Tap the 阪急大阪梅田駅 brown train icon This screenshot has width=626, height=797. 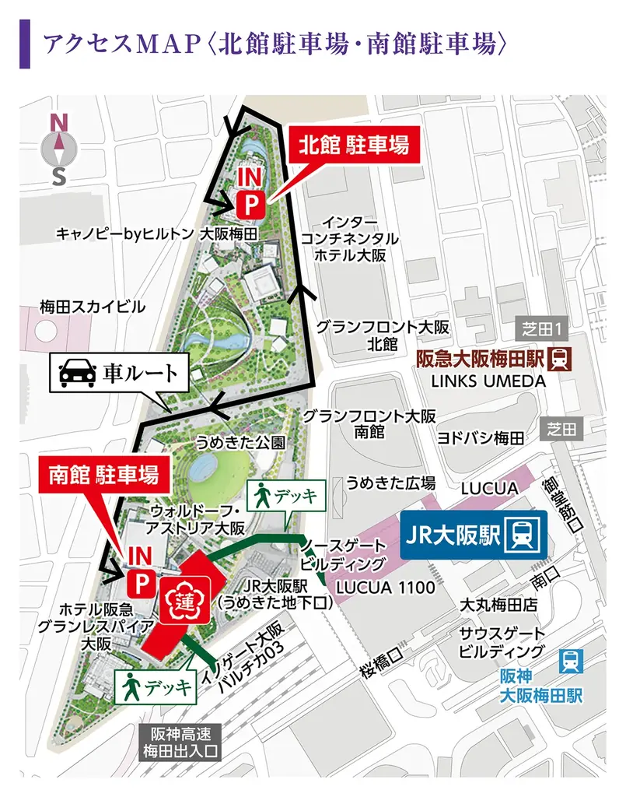tap(560, 360)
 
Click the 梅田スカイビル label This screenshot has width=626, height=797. tap(93, 307)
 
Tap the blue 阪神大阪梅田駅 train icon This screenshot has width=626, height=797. tap(572, 661)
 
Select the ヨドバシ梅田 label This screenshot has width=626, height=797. tap(480, 438)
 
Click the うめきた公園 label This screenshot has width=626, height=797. tap(240, 442)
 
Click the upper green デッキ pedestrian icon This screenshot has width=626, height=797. tap(263, 495)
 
